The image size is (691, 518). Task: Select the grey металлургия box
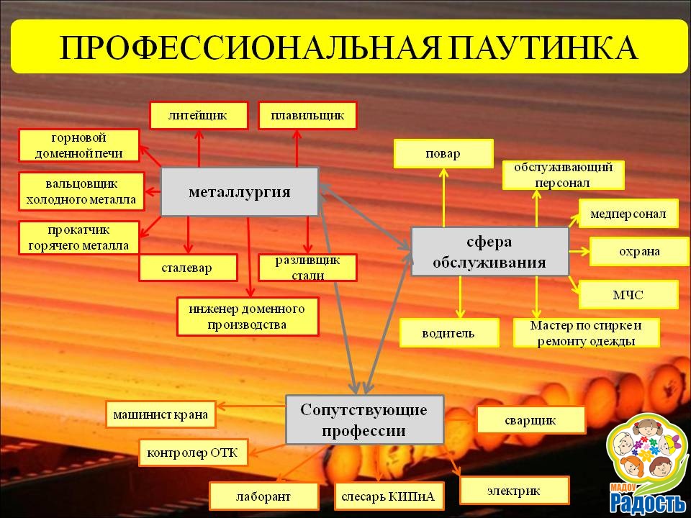tap(239, 191)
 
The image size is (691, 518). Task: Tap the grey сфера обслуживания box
tap(489, 252)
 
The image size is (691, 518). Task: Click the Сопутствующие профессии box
tap(364, 419)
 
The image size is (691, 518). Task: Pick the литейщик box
tap(199, 116)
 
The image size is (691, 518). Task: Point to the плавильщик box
tap(307, 116)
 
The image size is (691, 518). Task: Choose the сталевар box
tap(188, 268)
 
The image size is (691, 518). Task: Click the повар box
tap(443, 154)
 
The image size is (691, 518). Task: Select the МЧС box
tap(628, 294)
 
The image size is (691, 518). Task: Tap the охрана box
tap(639, 252)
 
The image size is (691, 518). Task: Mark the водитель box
tap(449, 333)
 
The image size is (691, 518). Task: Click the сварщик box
tap(531, 420)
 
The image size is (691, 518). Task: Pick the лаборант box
tap(263, 496)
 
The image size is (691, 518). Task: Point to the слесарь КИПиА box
tap(389, 496)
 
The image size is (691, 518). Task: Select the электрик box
tap(514, 490)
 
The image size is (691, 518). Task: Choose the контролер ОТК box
tap(193, 453)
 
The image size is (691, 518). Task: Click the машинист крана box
tap(161, 414)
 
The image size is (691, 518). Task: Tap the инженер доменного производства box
tap(248, 317)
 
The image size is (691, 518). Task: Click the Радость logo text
tap(648, 503)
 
